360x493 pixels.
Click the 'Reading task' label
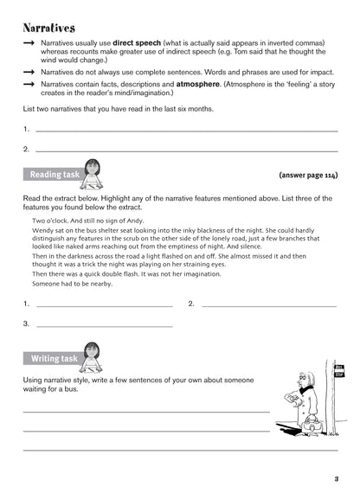pos(55,175)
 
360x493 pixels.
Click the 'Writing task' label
pos(55,358)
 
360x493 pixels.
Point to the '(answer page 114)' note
pos(307,175)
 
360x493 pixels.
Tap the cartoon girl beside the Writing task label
pos(92,355)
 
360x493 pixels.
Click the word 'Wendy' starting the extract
pos(43,232)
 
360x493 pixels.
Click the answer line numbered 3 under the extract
pos(104,325)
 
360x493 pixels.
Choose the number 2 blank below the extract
pos(268,305)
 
